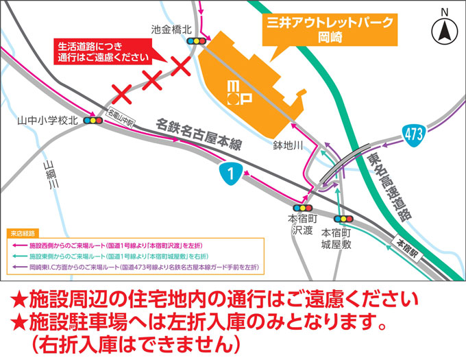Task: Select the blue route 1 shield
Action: click(x=232, y=174)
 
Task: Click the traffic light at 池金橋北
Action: click(x=197, y=42)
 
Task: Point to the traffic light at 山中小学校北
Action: click(x=90, y=121)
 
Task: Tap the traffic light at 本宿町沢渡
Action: click(x=302, y=208)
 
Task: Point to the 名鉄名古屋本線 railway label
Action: click(x=200, y=134)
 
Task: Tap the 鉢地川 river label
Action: click(x=289, y=145)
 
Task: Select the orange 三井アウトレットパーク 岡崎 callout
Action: click(x=328, y=29)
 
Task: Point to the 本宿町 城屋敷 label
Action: click(x=336, y=237)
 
